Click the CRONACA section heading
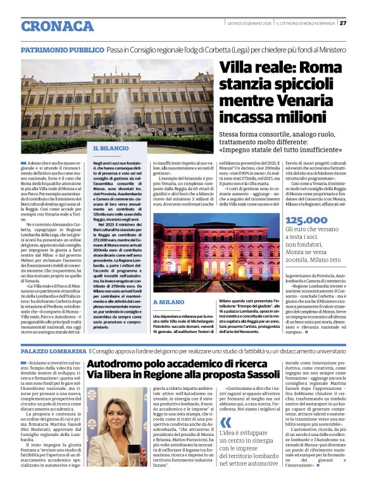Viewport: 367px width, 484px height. pyautogui.click(x=58, y=26)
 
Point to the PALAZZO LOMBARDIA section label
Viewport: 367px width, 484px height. pyautogui.click(x=53, y=350)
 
